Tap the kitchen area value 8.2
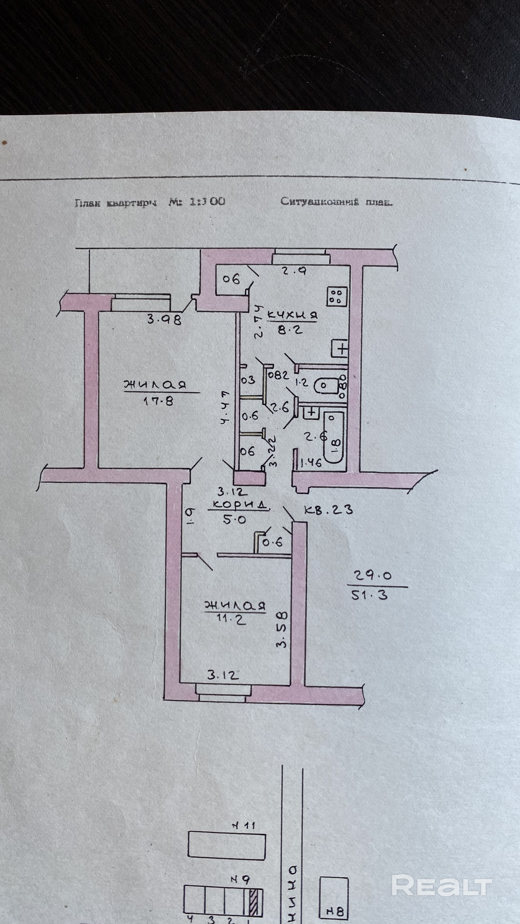290,330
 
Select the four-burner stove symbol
337,296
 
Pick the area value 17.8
158,400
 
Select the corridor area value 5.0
234,519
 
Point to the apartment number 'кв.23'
328,510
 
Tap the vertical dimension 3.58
282,630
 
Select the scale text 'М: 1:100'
197,202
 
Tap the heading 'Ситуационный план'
336,202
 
